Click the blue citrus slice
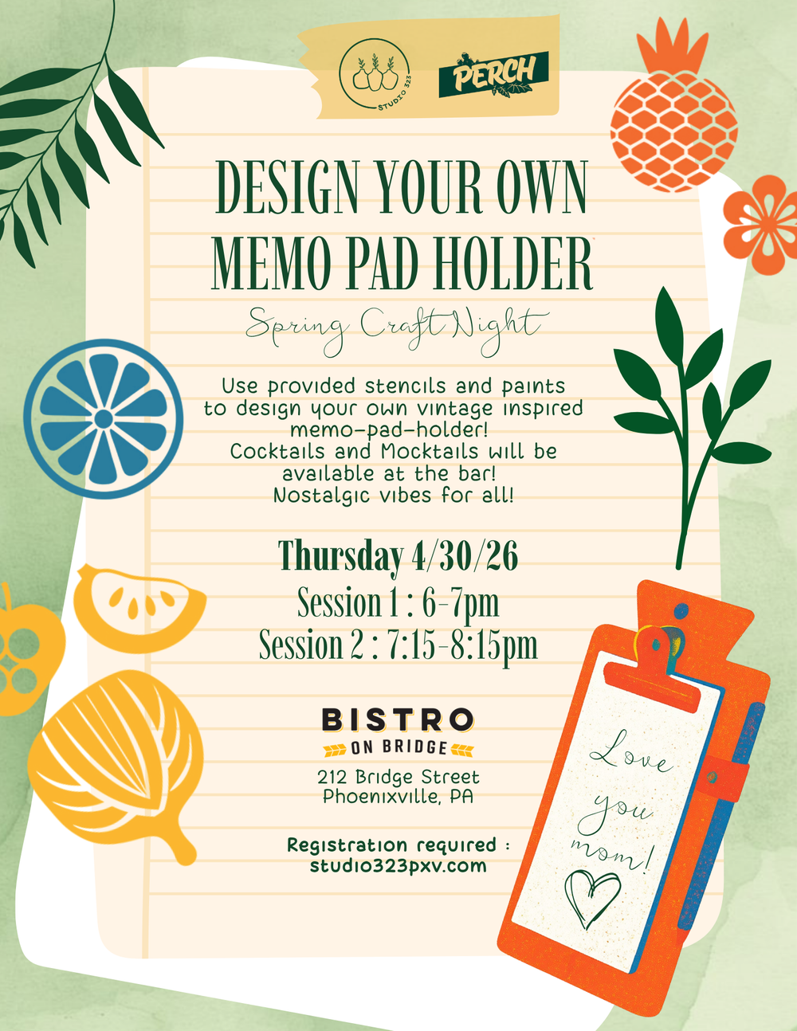[x=103, y=419]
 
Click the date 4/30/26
[x=465, y=555]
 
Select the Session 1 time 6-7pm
[x=461, y=602]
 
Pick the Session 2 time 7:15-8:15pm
[x=462, y=645]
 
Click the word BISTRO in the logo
[x=398, y=720]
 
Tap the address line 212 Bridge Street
[x=398, y=777]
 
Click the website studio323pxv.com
[x=398, y=866]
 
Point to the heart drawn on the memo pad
[x=591, y=897]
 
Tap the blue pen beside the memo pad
[x=721, y=813]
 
